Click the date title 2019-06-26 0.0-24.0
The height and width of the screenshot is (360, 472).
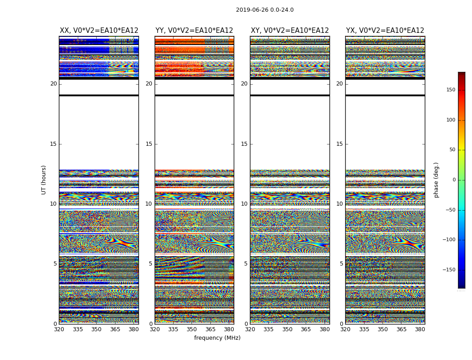(x=265, y=10)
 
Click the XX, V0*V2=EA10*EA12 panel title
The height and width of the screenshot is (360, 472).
(x=99, y=31)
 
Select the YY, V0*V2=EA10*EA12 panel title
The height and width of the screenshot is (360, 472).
(x=194, y=31)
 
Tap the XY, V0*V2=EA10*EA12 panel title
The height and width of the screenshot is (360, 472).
(x=290, y=31)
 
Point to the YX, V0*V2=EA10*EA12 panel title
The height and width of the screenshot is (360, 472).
(x=385, y=31)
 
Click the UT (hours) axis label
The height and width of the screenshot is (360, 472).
(x=44, y=180)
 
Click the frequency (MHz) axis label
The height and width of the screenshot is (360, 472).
(x=217, y=338)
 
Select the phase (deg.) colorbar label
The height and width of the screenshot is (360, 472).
(x=436, y=180)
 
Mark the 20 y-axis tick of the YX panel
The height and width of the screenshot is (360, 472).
(x=339, y=84)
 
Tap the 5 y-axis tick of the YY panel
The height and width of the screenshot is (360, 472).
(x=151, y=264)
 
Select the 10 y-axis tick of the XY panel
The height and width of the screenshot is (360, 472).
(x=244, y=204)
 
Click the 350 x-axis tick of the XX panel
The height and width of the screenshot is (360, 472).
(x=96, y=329)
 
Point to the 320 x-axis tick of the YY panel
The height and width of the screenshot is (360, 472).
(x=155, y=329)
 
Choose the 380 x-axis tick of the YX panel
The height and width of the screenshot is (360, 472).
(x=420, y=329)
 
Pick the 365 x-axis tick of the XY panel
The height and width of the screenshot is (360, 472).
(x=306, y=329)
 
